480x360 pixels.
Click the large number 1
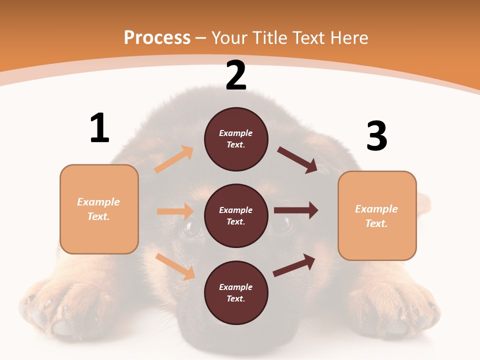pos(99,128)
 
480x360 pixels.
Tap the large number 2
pos(236,75)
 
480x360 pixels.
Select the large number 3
pos(376,136)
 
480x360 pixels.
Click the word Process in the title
pos(157,38)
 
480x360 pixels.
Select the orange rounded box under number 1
pos(99,209)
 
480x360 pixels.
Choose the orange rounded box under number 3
pos(377,216)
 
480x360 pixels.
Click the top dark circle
pos(236,139)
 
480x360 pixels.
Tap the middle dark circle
pos(236,216)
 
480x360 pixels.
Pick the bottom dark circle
pos(236,292)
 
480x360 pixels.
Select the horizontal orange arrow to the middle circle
pos(175,211)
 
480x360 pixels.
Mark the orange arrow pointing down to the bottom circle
pos(175,266)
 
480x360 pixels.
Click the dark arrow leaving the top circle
pos(298,160)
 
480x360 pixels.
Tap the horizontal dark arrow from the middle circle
pos(296,210)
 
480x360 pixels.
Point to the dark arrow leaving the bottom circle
pos(294,265)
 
